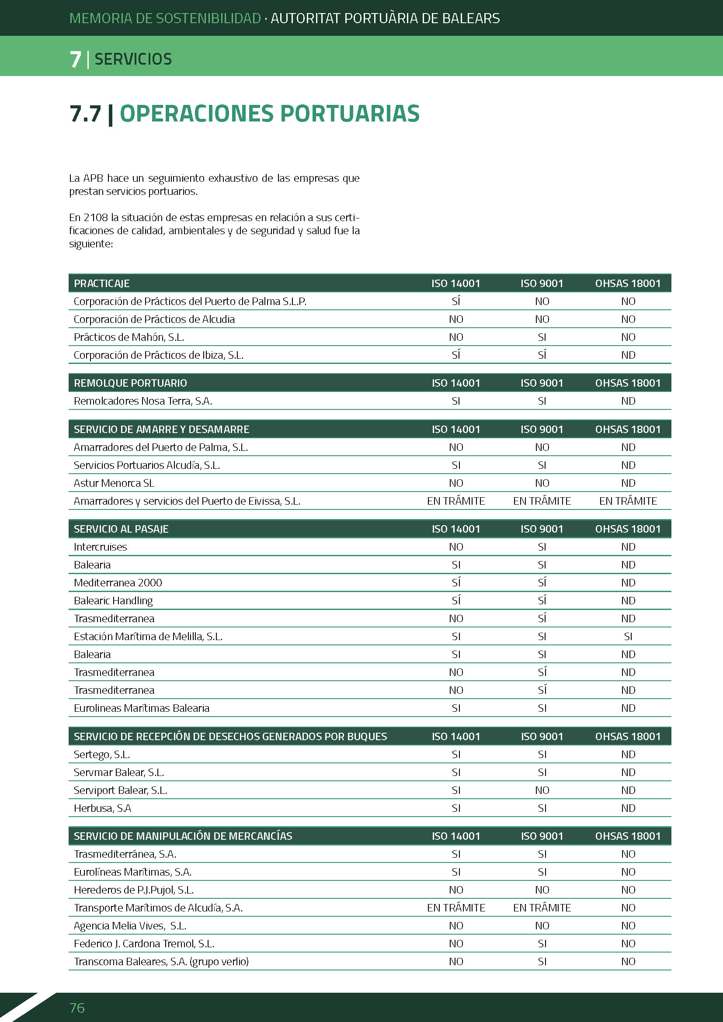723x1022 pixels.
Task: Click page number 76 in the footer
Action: tap(77, 1008)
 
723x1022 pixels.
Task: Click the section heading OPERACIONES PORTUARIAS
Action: tap(269, 114)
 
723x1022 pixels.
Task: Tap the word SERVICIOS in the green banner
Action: tap(133, 59)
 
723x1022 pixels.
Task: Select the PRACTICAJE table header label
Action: tap(101, 284)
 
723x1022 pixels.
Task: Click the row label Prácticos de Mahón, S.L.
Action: tap(129, 337)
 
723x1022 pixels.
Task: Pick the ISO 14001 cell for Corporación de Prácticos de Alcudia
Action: tap(456, 319)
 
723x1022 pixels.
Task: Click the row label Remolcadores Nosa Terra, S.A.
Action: tap(143, 401)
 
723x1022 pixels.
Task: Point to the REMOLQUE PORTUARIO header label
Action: tap(130, 383)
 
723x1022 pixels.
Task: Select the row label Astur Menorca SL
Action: tap(114, 483)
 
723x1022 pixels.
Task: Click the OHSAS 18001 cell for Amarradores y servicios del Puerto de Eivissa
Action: tap(628, 501)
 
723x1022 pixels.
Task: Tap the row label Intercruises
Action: tap(100, 547)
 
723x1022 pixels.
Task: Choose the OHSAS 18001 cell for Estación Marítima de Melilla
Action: tap(628, 637)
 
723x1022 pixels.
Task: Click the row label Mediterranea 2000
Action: tap(118, 583)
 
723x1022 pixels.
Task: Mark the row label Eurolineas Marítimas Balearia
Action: tap(142, 708)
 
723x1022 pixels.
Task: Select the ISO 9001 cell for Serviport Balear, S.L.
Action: tap(542, 790)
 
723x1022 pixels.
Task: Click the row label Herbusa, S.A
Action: tap(102, 808)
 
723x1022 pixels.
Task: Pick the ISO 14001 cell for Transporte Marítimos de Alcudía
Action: tap(456, 908)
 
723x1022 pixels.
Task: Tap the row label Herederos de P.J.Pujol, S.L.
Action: tap(134, 890)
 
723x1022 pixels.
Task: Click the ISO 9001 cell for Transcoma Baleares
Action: tap(542, 961)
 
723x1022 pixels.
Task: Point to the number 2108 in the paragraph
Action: tap(96, 218)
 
